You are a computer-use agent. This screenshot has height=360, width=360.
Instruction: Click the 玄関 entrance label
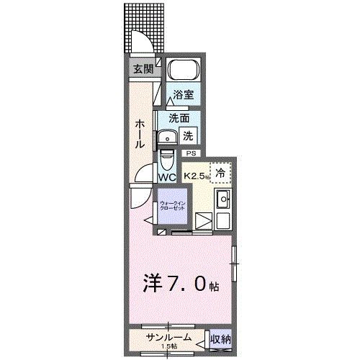coord(142,69)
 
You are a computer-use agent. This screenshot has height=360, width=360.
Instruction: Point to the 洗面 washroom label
coord(179,117)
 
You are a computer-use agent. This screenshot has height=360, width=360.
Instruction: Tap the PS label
coord(191,153)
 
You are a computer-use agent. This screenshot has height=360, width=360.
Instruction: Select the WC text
coord(167,176)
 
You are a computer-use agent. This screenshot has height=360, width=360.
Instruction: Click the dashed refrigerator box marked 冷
coord(221,173)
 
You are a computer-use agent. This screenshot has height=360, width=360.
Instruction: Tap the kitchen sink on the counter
coord(223,201)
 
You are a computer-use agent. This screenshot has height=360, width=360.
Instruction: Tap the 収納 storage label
coord(220,339)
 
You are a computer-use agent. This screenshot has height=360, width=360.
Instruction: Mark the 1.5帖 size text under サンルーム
coord(167,348)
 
